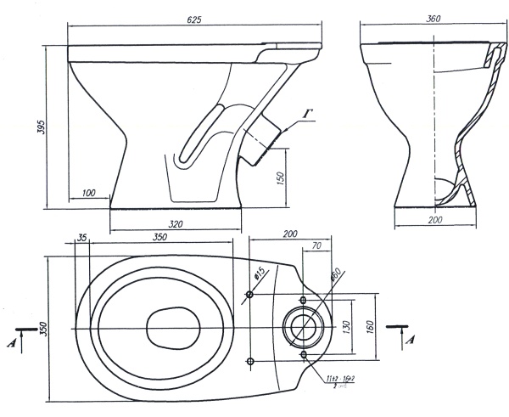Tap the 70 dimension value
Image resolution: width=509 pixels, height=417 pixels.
point(316,247)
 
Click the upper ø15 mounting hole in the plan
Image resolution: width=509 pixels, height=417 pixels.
point(250,295)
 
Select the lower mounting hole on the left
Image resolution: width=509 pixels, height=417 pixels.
point(250,362)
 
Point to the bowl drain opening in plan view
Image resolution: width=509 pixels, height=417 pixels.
point(172,327)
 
